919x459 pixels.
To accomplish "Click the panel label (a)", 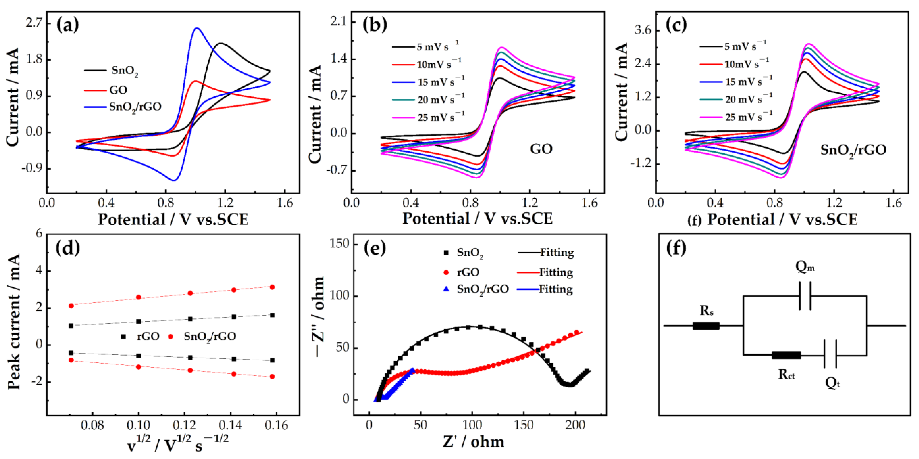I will [x=68, y=26].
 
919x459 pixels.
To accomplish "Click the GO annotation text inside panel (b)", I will [x=541, y=149].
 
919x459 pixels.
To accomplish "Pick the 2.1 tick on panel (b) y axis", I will [x=338, y=22].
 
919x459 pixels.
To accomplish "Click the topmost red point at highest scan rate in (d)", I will [x=272, y=287].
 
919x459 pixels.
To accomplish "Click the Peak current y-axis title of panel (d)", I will [x=14, y=321].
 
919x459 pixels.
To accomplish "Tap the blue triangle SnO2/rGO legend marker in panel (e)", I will [x=446, y=289].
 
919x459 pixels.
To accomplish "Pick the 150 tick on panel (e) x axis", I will [x=524, y=425].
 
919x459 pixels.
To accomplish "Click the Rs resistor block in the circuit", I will [x=706, y=325].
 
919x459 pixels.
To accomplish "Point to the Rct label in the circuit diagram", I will [x=786, y=374].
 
